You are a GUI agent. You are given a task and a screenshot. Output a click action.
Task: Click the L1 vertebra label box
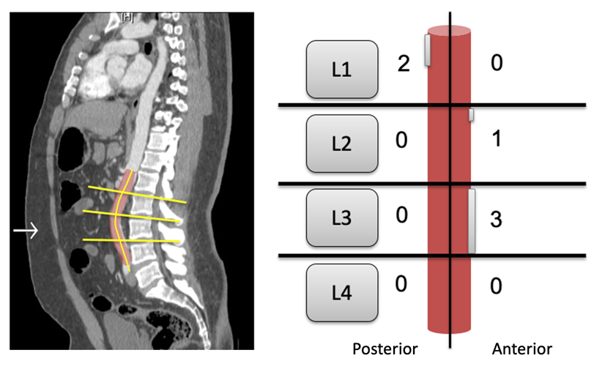click(x=342, y=70)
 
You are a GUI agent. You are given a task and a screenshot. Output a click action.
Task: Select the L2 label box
click(x=342, y=143)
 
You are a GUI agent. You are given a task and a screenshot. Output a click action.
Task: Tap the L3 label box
click(x=342, y=217)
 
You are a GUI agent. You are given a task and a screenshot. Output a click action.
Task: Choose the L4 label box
click(x=342, y=293)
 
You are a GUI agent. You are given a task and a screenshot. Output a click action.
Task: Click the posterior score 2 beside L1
click(x=403, y=64)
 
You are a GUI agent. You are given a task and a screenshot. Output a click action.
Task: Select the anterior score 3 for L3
click(x=496, y=220)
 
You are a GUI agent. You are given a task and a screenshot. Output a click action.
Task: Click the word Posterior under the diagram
click(x=385, y=348)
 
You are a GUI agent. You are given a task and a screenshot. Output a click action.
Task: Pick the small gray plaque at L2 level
click(x=472, y=115)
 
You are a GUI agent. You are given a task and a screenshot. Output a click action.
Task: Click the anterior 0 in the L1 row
click(x=496, y=64)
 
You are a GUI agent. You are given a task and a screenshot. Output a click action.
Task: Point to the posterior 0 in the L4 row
click(x=401, y=284)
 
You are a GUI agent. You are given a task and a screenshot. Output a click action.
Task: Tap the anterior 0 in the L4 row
click(x=496, y=286)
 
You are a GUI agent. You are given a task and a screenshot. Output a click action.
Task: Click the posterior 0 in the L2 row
click(x=401, y=140)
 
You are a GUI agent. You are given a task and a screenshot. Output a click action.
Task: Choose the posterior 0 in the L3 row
click(x=401, y=215)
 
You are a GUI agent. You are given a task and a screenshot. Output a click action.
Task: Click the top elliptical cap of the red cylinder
click(x=449, y=31)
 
